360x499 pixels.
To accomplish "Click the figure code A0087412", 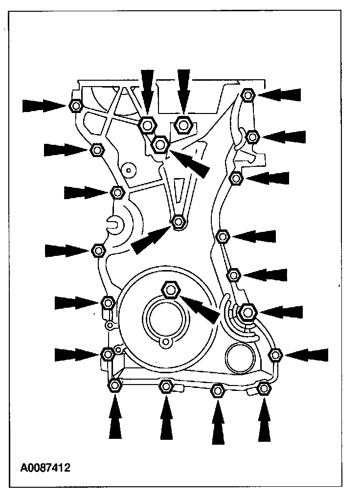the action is tap(45, 468).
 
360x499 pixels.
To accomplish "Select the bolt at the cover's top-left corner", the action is tap(76, 106).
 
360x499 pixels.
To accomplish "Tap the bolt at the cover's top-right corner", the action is tap(247, 94).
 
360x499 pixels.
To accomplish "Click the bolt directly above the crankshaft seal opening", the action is tap(171, 290).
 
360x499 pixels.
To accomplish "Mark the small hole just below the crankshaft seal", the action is tap(166, 341).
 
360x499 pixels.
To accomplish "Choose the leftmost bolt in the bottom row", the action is tap(115, 386).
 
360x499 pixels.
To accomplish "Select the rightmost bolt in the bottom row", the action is tap(264, 388).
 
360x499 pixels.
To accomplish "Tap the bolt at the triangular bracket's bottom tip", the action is tap(179, 222).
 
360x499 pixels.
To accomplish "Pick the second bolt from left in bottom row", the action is tap(166, 387).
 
